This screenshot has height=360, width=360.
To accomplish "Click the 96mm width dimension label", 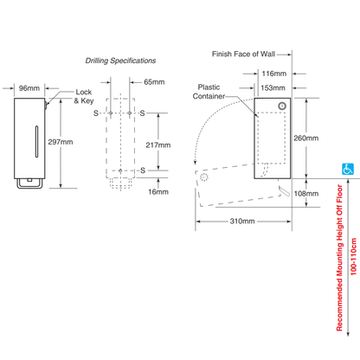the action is (29, 88).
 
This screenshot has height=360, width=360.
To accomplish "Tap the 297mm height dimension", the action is (61, 142).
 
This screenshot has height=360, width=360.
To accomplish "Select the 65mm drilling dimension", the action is (154, 82).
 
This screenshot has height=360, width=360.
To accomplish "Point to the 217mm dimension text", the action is (158, 145).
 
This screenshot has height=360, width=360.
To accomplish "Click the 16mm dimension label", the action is (158, 192).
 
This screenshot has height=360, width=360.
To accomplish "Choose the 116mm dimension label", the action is (274, 74).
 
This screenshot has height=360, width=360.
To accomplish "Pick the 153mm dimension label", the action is (273, 87).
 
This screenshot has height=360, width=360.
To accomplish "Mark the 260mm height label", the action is (306, 138).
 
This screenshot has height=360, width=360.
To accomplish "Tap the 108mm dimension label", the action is (306, 194).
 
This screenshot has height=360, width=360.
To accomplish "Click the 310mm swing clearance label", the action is (242, 222).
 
